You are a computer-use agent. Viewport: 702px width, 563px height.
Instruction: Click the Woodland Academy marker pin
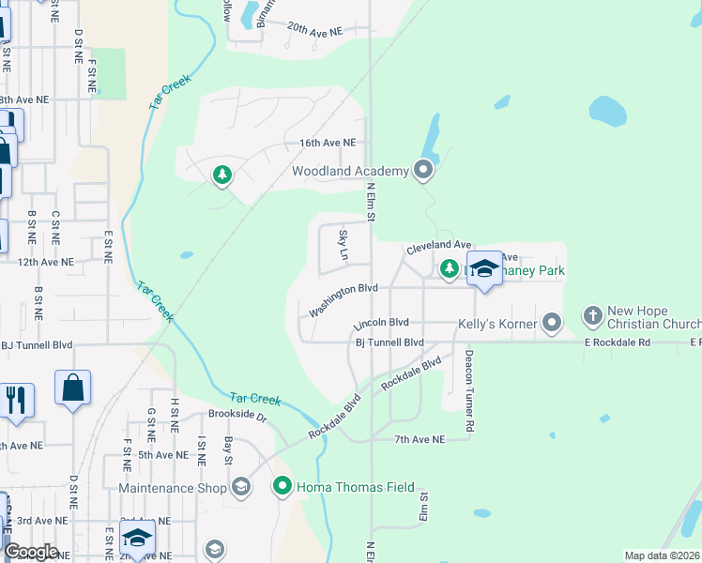(423, 171)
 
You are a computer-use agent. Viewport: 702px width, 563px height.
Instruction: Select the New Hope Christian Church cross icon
(592, 313)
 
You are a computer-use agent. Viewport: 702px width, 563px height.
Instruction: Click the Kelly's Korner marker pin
(552, 324)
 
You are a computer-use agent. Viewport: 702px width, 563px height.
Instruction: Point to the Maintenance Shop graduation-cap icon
(241, 486)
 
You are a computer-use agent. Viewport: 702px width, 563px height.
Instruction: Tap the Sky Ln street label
(343, 245)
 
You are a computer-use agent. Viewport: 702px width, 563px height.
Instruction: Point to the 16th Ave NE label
(328, 143)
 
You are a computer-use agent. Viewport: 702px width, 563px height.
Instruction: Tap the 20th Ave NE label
(315, 30)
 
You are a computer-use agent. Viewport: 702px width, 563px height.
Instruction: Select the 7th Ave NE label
(419, 439)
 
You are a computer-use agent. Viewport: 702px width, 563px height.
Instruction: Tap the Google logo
(31, 552)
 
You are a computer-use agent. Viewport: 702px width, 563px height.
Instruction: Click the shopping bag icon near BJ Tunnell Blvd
(73, 388)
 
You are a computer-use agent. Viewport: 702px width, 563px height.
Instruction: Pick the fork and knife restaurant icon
(16, 400)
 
